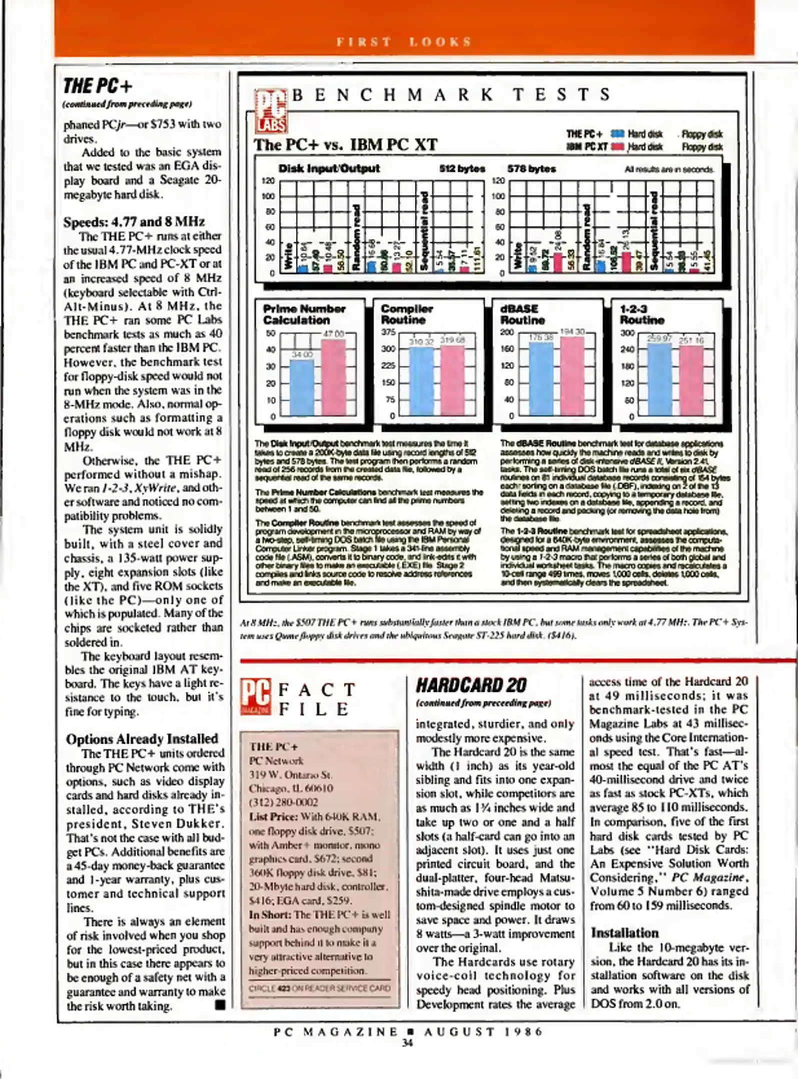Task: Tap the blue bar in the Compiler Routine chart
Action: [x=421, y=381]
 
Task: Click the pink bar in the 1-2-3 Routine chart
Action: [x=691, y=380]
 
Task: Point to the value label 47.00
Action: [x=333, y=334]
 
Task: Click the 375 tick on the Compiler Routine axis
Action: [x=388, y=332]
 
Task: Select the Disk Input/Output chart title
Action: [x=329, y=168]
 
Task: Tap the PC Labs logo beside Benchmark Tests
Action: [x=270, y=111]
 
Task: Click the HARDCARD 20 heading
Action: [x=471, y=685]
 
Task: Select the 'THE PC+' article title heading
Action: [x=98, y=86]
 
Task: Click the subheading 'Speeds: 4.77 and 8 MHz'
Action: [x=134, y=222]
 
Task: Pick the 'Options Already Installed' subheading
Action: [x=142, y=738]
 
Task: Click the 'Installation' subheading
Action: [x=624, y=933]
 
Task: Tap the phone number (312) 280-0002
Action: [x=283, y=802]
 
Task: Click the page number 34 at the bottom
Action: [x=407, y=1043]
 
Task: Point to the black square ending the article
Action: [x=220, y=1005]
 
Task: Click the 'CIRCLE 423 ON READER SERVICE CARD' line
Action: [x=320, y=988]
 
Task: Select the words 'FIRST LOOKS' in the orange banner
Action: [x=404, y=42]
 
